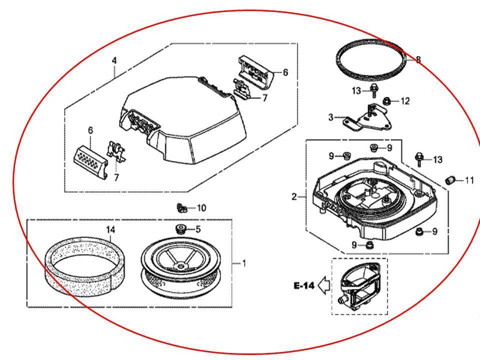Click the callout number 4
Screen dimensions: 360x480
point(114,60)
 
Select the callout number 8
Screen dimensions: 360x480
point(418,60)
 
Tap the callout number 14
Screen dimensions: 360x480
point(110,229)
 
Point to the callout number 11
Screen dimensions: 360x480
point(469,180)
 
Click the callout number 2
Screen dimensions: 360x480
point(294,197)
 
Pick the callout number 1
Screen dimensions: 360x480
point(244,263)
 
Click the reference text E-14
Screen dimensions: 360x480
point(304,286)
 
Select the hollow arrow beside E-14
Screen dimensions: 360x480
point(324,286)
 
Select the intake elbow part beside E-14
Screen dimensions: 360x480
point(359,286)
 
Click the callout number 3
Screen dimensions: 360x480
point(330,117)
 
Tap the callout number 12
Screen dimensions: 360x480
point(404,101)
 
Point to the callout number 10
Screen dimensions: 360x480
point(200,207)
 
